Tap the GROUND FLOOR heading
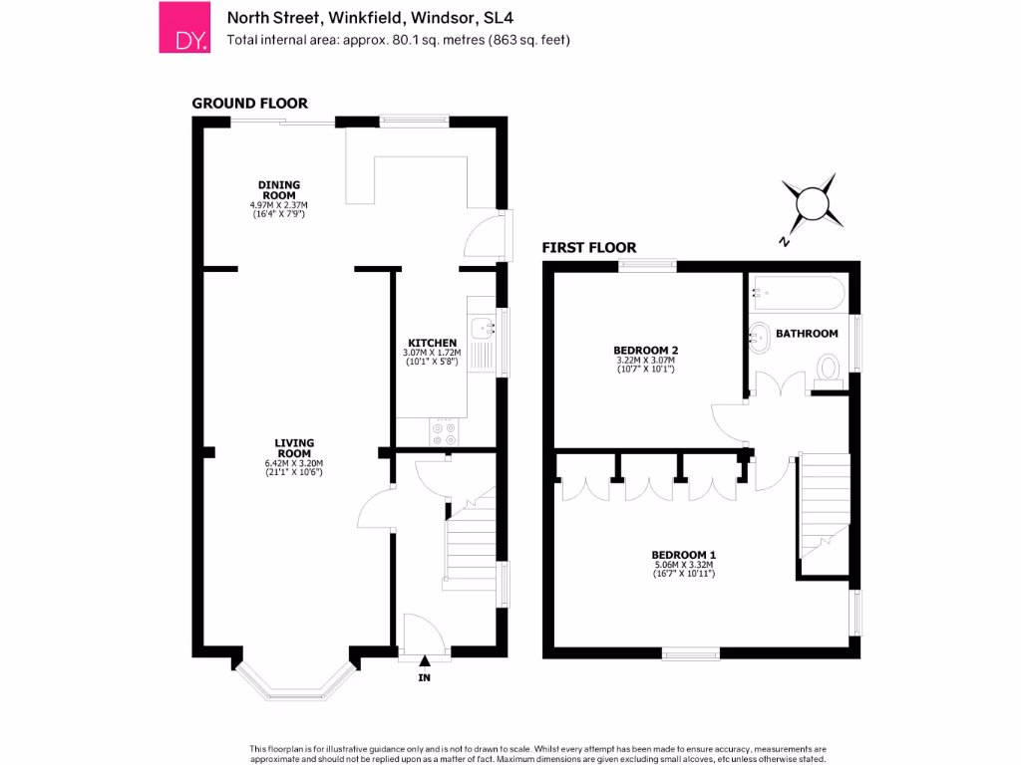point(249,103)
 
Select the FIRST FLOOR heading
point(588,247)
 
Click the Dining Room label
point(279,190)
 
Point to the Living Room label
point(294,448)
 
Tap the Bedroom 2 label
point(645,351)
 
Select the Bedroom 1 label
point(684,555)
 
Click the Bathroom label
point(807,334)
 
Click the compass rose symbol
point(809,202)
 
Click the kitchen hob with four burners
point(444,431)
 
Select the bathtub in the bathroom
point(798,294)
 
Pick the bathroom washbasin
point(759,336)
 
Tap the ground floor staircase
point(470,543)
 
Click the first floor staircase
point(824,508)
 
